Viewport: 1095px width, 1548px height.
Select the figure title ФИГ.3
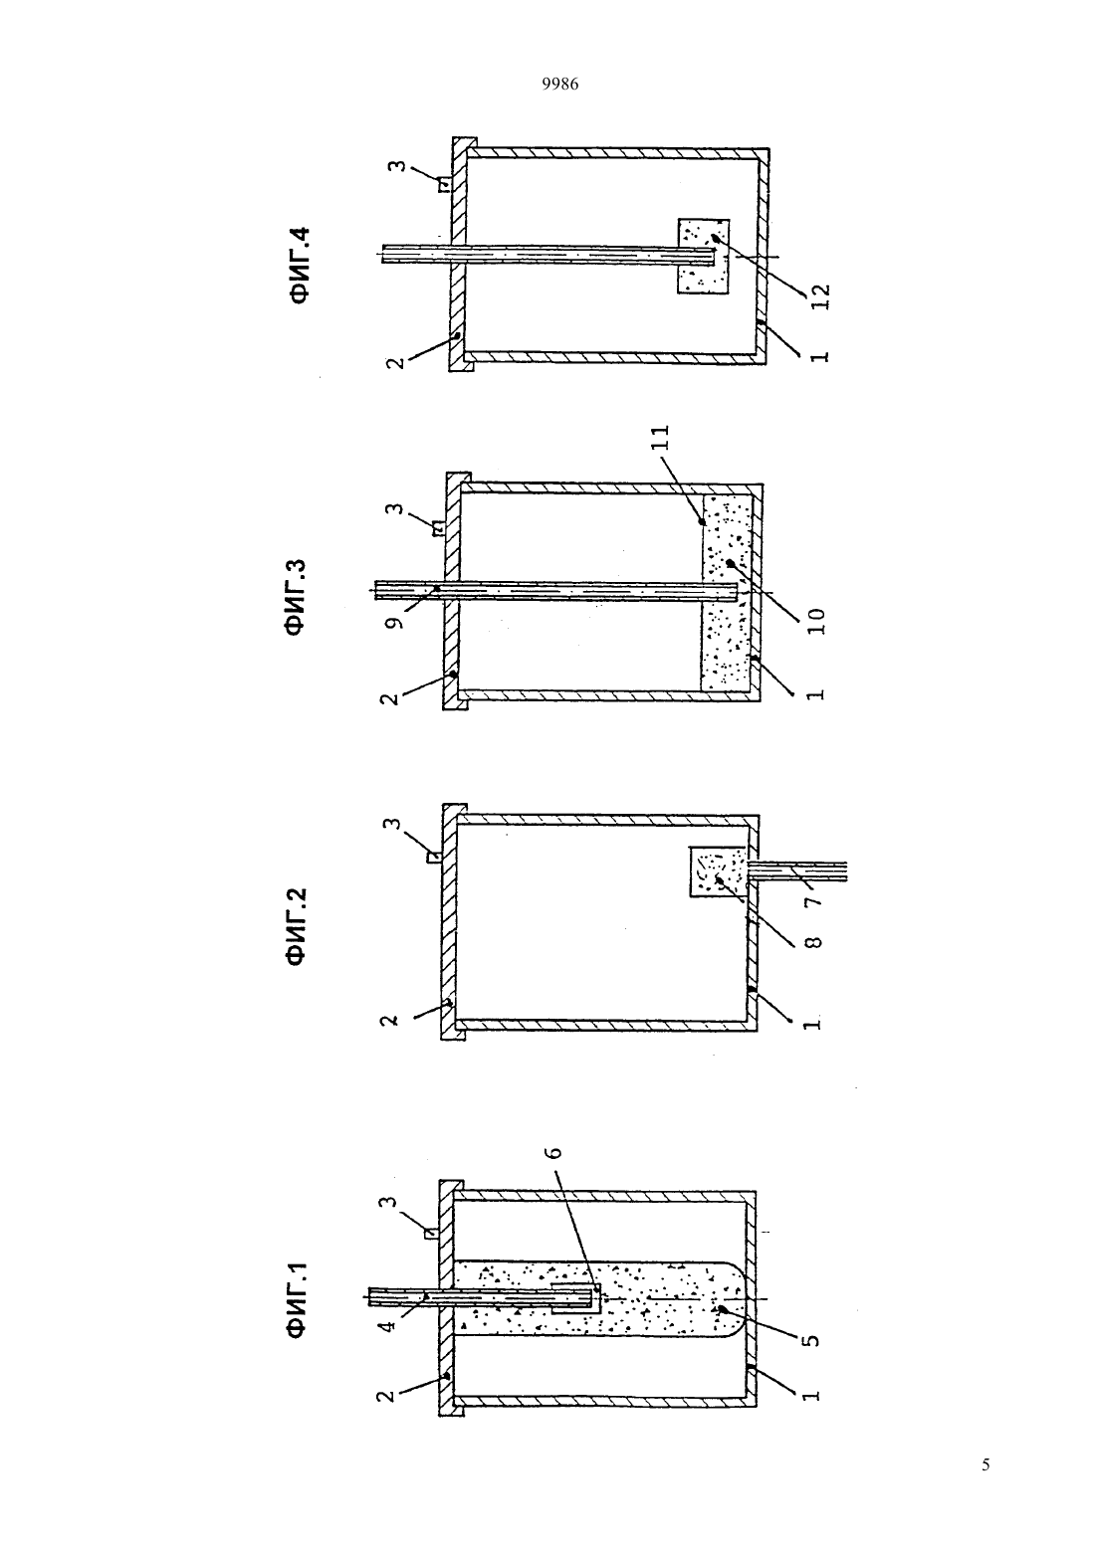pos(299,597)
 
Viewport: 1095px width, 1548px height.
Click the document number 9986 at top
pos(560,85)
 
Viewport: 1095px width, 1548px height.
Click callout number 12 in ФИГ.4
pos(821,297)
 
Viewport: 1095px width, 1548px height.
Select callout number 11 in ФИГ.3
pos(662,438)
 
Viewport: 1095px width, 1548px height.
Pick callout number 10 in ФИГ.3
pos(816,621)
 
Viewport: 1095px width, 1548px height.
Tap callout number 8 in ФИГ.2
pos(814,941)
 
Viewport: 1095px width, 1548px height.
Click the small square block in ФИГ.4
pos(703,256)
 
